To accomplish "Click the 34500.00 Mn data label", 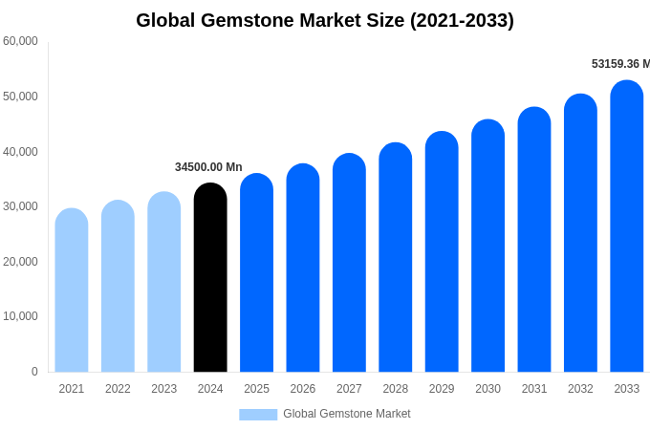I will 208,167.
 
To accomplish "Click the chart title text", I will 325,20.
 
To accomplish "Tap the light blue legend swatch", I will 258,415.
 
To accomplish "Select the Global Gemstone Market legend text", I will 347,414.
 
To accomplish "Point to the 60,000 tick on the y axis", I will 20,41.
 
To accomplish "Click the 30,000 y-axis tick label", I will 20,206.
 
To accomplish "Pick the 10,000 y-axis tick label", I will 20,316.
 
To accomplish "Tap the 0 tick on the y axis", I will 34,372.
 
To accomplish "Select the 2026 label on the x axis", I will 303,389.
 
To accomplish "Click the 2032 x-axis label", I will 580,389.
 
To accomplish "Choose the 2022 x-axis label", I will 118,389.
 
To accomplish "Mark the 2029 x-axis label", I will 442,389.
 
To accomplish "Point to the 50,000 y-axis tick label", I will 20,97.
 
